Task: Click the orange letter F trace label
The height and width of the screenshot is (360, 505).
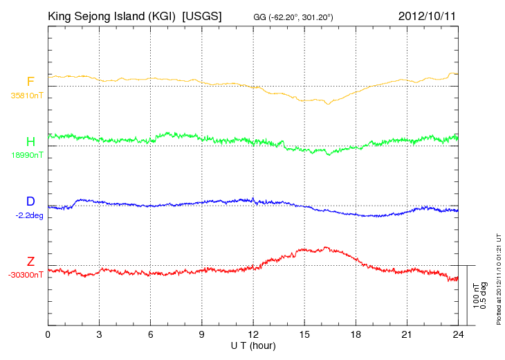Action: click(30, 82)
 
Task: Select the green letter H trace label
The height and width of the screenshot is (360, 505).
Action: click(30, 142)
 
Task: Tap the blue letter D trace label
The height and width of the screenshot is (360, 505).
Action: click(30, 201)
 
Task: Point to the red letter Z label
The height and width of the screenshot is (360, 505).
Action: click(30, 262)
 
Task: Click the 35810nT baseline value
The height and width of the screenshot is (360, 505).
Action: click(27, 96)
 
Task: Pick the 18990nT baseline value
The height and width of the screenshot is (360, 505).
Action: click(27, 155)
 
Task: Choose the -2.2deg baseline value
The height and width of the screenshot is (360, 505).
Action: click(29, 215)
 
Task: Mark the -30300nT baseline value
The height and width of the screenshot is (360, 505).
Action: click(26, 275)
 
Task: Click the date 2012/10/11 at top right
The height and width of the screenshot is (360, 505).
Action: click(427, 16)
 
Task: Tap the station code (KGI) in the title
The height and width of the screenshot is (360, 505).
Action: click(162, 16)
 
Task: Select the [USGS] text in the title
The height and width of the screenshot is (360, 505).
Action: click(202, 16)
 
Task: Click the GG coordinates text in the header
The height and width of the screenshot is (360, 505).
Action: click(293, 17)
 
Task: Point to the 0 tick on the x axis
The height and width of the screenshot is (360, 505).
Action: click(48, 334)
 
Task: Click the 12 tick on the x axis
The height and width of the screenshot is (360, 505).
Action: click(253, 334)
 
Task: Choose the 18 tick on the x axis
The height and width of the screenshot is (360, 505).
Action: click(356, 334)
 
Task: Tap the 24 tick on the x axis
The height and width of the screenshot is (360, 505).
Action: click(458, 334)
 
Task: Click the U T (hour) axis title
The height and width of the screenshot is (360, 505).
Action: click(253, 346)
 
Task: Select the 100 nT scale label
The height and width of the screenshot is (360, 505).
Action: click(476, 296)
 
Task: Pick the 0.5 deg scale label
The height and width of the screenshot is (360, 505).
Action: click(484, 296)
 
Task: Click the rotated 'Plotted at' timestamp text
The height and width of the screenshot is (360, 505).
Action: click(499, 279)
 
